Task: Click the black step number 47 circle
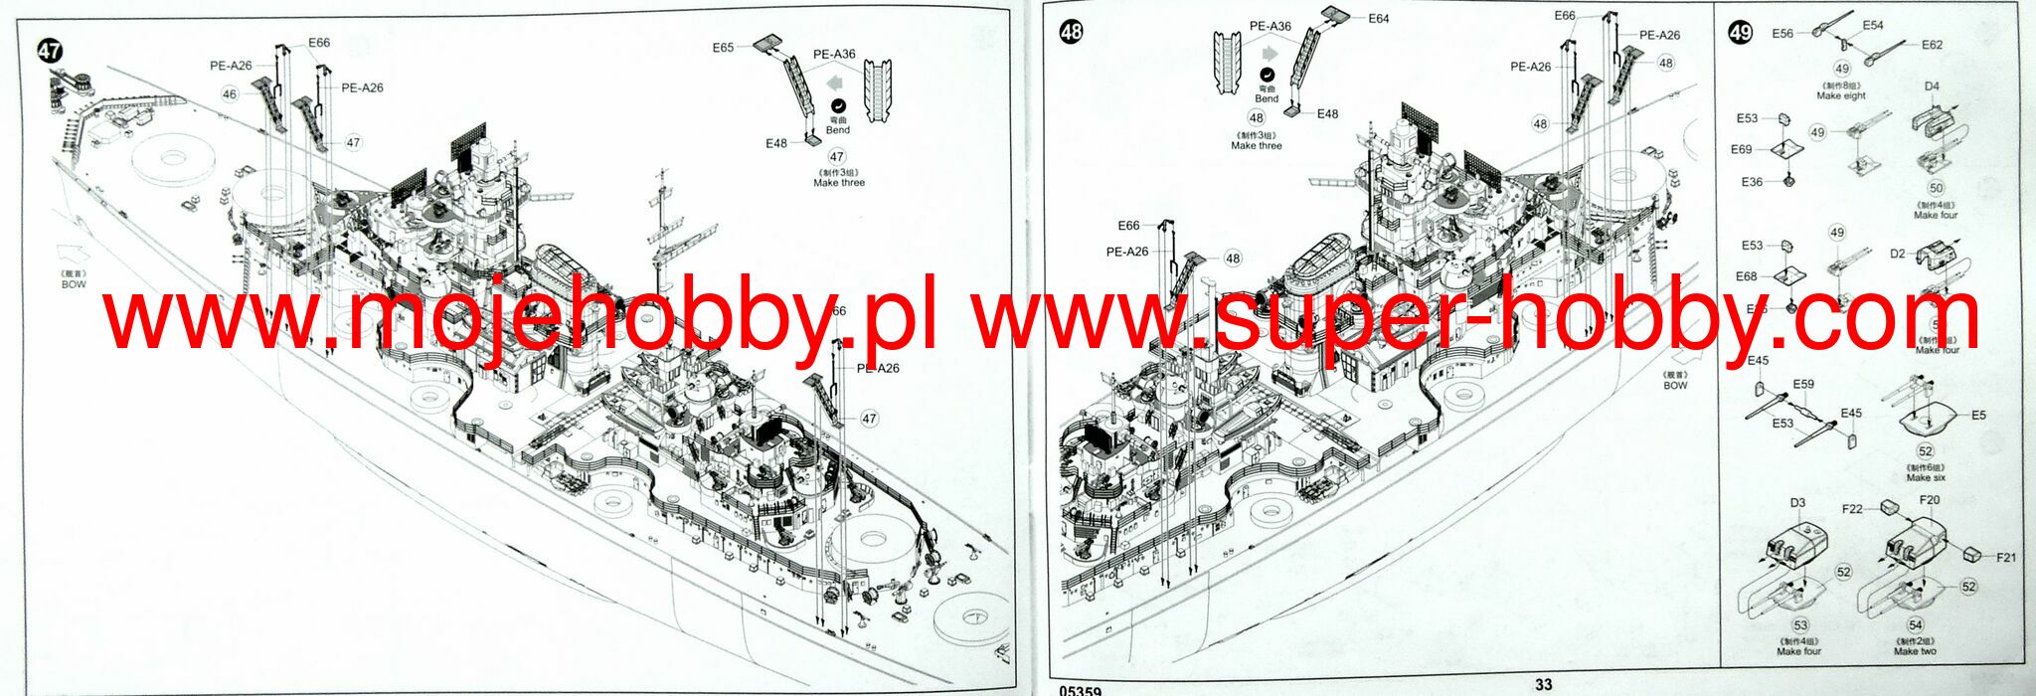[x=49, y=51]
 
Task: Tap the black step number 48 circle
[x=1071, y=32]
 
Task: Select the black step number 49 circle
[x=1740, y=33]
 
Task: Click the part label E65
[x=723, y=48]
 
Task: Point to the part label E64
[x=1378, y=19]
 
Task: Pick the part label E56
[x=1782, y=34]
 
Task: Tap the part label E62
[x=1932, y=45]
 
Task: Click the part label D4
[x=1932, y=87]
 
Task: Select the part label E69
[x=1741, y=149]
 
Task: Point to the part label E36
[x=1752, y=182]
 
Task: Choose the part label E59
[x=1803, y=384]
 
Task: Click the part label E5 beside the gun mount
[x=1978, y=415]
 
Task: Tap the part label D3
[x=1797, y=503]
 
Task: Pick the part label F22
[x=1852, y=509]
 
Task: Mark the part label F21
[x=2006, y=558]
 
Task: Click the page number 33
[x=1543, y=684]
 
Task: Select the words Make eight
[x=1841, y=96]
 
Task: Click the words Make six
[x=1926, y=478]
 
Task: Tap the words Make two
[x=1915, y=651]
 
